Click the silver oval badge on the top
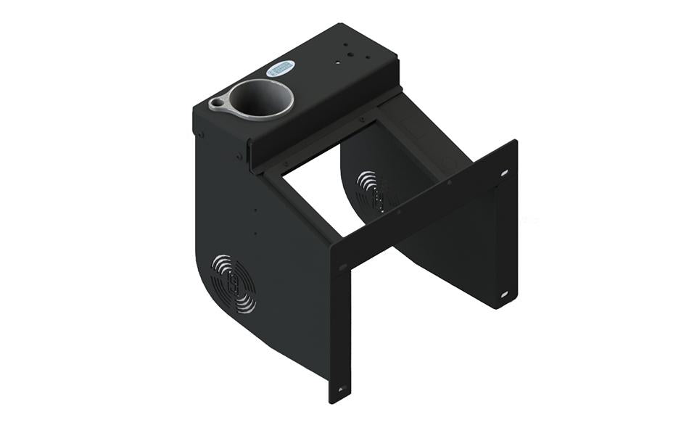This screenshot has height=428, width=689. (x=281, y=68)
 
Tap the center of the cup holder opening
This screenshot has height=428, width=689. (x=261, y=99)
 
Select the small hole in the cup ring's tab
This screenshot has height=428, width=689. (x=217, y=104)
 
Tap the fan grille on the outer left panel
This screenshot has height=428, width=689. (x=233, y=284)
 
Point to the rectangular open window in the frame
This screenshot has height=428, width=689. (x=326, y=189)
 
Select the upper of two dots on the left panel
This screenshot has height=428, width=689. (x=255, y=211)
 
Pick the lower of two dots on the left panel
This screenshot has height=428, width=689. (x=255, y=234)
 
